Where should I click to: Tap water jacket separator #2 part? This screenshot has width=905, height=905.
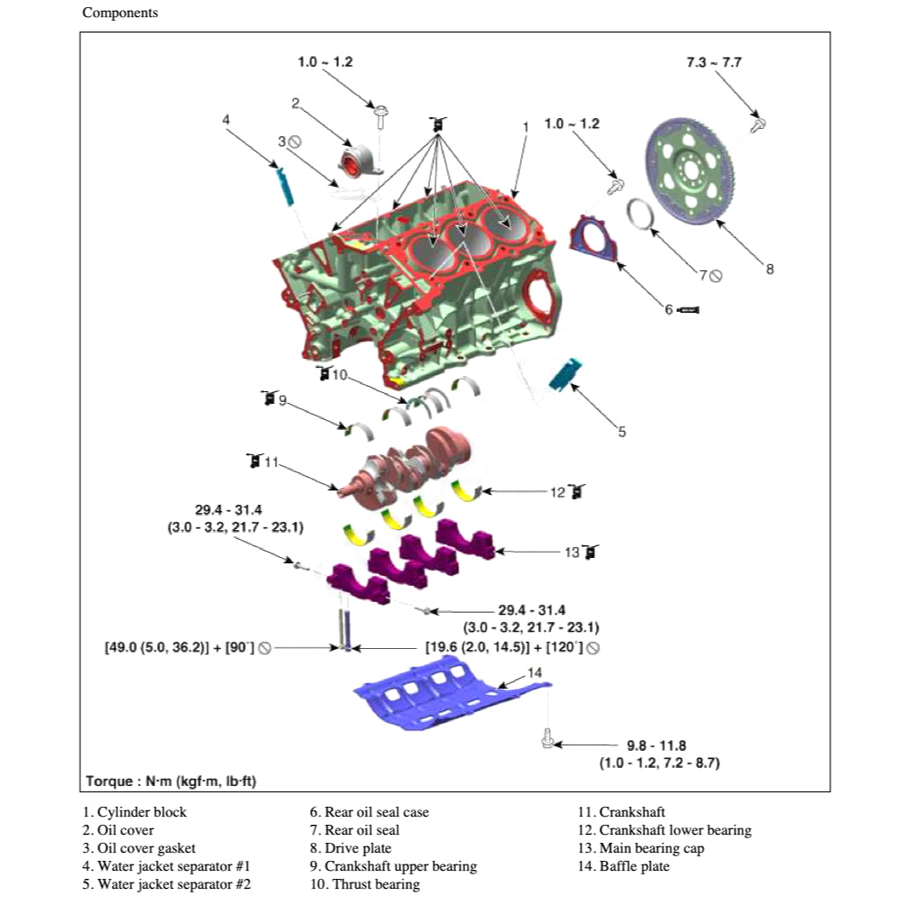(567, 374)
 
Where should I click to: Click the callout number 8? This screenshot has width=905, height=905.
(769, 268)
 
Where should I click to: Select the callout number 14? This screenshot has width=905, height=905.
(535, 672)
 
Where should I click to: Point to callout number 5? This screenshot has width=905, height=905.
(621, 432)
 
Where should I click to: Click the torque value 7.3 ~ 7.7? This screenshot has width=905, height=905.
(714, 63)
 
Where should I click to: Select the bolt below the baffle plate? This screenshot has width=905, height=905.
(546, 738)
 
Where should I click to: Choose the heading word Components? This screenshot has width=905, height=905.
(120, 14)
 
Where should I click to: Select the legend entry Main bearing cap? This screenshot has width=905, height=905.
(641, 848)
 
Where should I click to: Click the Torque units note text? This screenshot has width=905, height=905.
(171, 781)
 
